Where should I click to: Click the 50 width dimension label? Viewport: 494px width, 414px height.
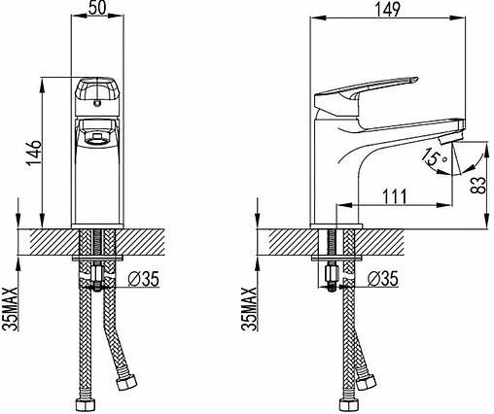click(x=97, y=8)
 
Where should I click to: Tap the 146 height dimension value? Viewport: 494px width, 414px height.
click(x=34, y=153)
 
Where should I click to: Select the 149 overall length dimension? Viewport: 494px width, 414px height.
click(x=388, y=9)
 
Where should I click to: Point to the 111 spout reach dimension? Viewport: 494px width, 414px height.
click(x=395, y=196)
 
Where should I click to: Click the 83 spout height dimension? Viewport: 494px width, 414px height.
click(x=478, y=185)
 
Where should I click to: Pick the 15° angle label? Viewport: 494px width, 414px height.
click(x=434, y=156)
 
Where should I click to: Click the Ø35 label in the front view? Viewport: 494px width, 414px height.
click(x=144, y=279)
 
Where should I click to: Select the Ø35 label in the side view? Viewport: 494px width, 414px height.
click(x=383, y=279)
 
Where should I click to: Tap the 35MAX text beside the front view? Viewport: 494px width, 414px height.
click(x=12, y=308)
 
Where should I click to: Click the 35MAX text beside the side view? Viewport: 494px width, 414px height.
click(x=250, y=308)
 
